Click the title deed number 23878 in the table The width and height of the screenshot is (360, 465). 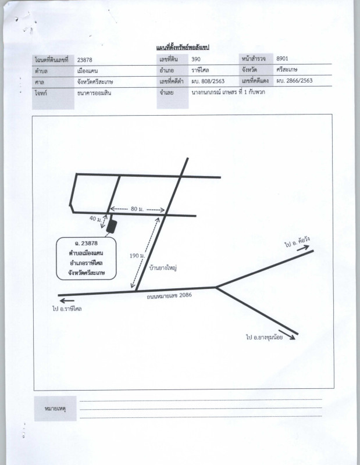[84, 60]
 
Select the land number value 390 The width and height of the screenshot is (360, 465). [196, 59]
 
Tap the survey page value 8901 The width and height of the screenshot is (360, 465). [282, 59]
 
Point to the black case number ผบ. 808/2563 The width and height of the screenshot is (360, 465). [208, 81]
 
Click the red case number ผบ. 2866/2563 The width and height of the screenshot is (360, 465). [294, 80]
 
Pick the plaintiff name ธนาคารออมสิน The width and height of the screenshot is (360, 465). [94, 93]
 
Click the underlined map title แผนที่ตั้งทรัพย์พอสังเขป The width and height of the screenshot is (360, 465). [183, 48]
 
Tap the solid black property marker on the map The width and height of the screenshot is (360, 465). [112, 226]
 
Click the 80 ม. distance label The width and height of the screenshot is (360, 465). [137, 209]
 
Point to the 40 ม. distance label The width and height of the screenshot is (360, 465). [95, 219]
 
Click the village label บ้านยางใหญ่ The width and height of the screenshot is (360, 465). [163, 268]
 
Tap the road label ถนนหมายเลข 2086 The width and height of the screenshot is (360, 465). [169, 296]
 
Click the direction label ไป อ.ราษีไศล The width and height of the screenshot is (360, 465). [67, 309]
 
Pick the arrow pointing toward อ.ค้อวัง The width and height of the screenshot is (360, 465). [303, 248]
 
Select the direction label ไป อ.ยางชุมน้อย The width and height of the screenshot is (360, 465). [265, 337]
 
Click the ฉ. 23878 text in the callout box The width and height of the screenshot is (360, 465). [86, 243]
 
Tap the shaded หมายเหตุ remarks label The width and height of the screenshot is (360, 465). [55, 409]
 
